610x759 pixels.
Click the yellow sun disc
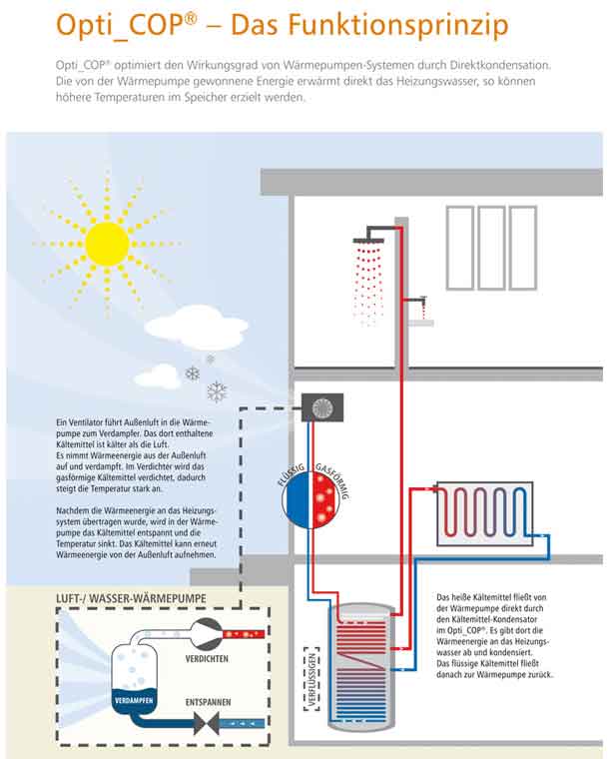107,243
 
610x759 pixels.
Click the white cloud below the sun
193,327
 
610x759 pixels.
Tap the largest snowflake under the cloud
217,390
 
